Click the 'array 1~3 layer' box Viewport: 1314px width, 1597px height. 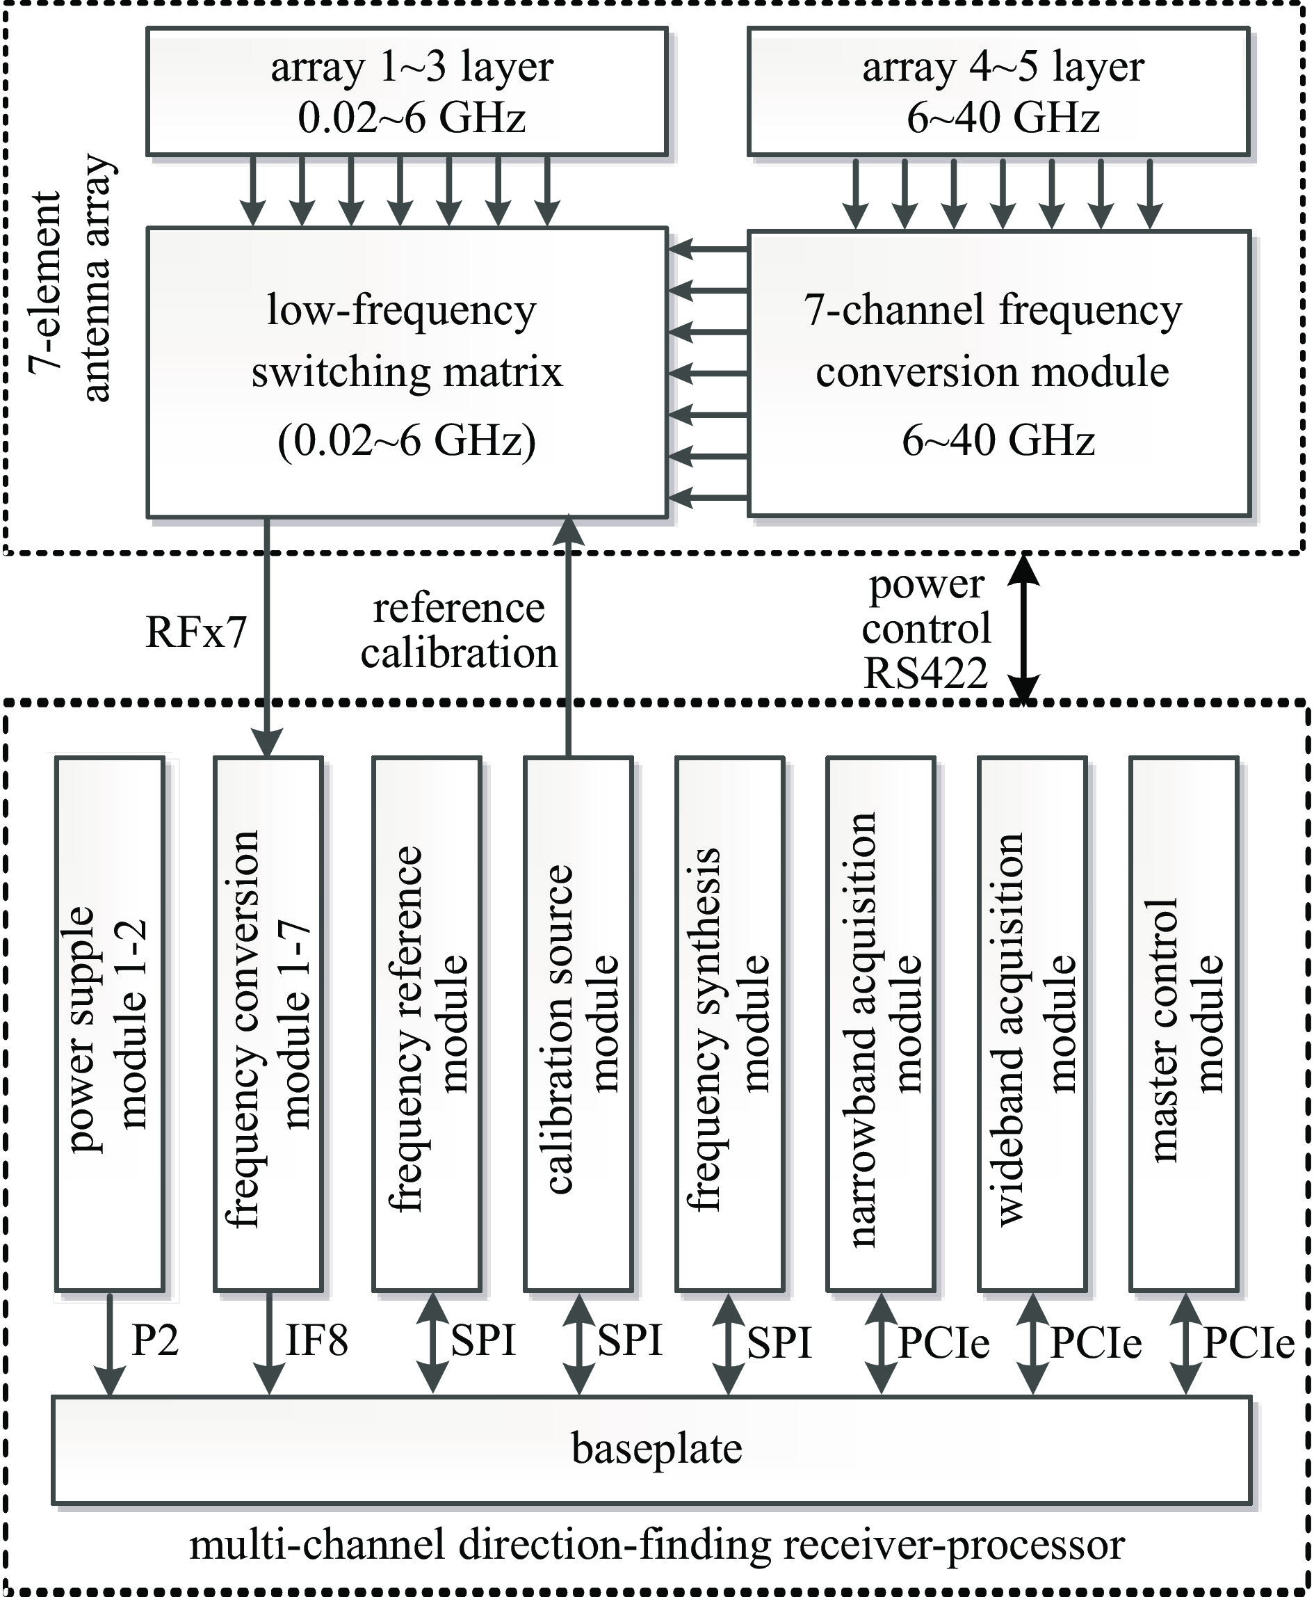pyautogui.click(x=407, y=92)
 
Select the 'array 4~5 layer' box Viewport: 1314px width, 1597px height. pyautogui.click(x=998, y=92)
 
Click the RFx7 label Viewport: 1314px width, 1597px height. pyautogui.click(x=197, y=632)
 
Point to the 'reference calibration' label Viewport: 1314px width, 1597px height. pyautogui.click(x=459, y=631)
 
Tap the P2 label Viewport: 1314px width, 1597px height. pyautogui.click(x=155, y=1341)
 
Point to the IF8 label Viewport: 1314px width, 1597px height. pyautogui.click(x=316, y=1341)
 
